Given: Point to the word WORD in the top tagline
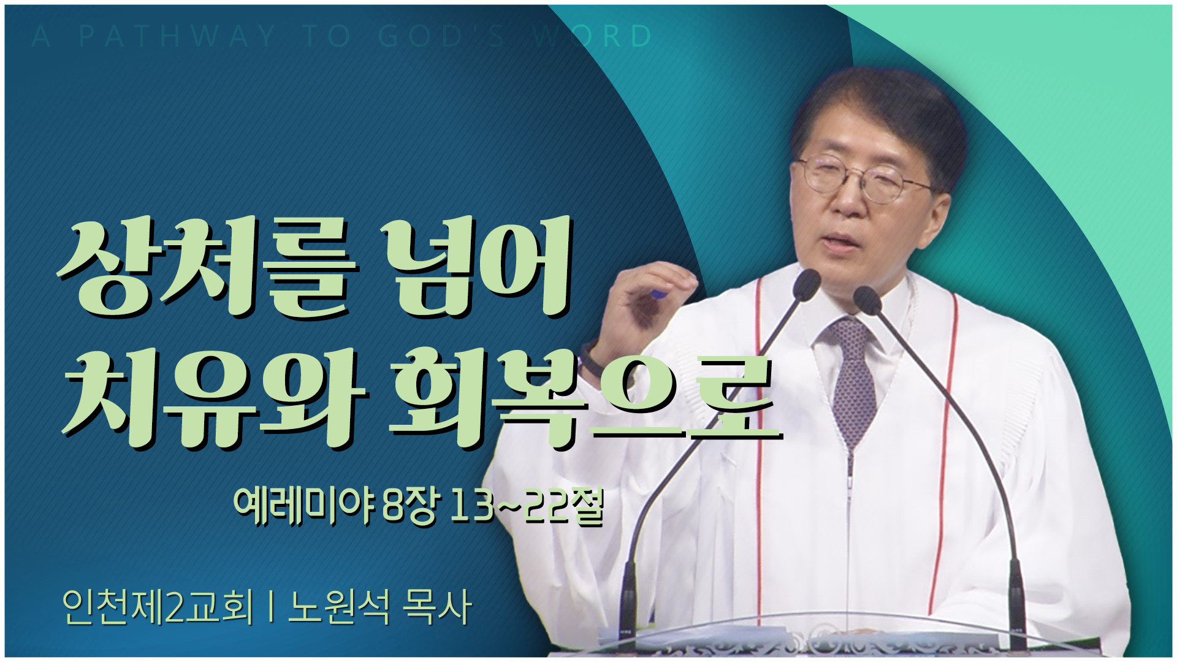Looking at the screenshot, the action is [x=592, y=36].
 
